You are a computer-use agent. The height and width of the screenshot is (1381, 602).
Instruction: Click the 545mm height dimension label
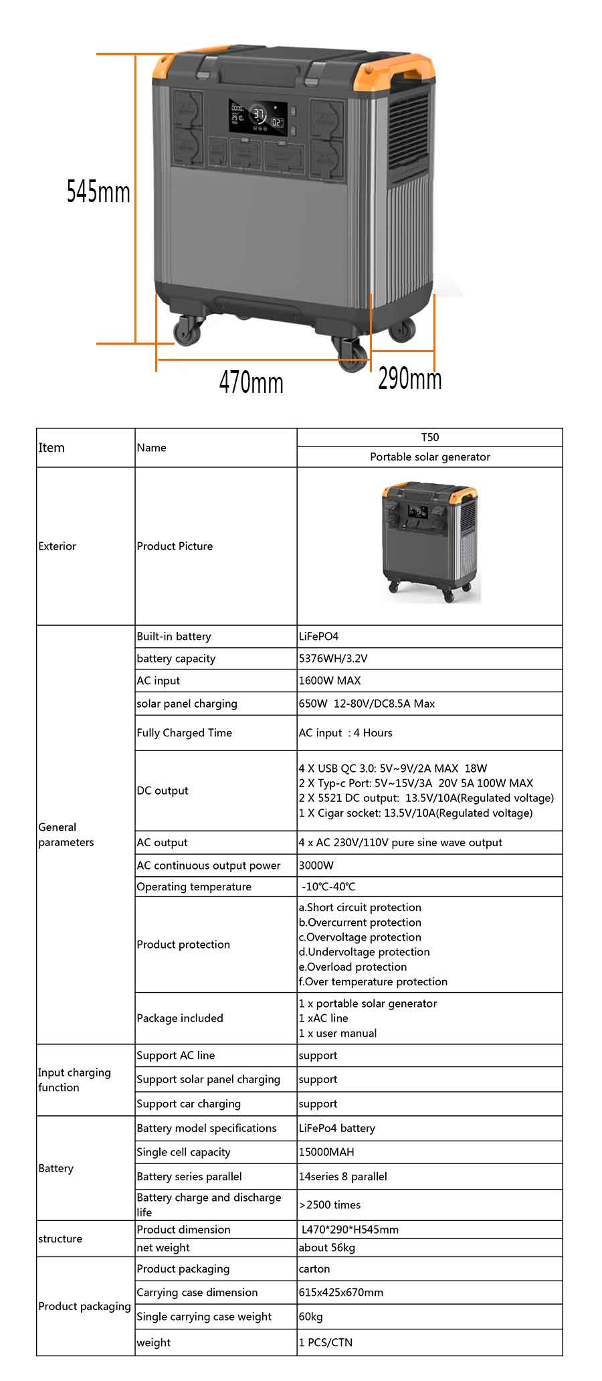tap(98, 192)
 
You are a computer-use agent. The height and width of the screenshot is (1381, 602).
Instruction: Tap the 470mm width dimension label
tap(251, 383)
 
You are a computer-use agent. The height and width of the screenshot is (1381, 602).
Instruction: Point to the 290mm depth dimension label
tap(409, 379)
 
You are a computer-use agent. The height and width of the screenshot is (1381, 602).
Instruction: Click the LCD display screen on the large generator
tap(260, 117)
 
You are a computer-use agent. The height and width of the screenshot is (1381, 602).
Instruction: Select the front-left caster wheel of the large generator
tap(187, 331)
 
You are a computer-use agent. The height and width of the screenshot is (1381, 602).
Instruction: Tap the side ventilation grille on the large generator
tap(409, 134)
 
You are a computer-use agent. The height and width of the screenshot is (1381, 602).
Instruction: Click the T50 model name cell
tap(429, 437)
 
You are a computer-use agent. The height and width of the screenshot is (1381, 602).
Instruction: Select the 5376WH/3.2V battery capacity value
tap(333, 658)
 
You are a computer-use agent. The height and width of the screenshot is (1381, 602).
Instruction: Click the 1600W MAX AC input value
tap(330, 680)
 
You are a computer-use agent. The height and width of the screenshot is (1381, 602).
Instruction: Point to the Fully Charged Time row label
tap(184, 732)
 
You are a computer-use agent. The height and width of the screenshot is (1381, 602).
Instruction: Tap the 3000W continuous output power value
tap(316, 865)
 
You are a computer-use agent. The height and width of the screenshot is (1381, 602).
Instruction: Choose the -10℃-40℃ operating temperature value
tap(328, 886)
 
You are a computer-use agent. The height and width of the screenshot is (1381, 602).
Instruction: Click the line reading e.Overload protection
tap(353, 967)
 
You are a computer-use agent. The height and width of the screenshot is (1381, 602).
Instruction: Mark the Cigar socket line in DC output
tap(415, 813)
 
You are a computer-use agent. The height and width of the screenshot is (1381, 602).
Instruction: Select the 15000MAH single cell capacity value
tap(326, 1151)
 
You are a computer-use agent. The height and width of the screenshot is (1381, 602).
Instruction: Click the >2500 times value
tap(330, 1204)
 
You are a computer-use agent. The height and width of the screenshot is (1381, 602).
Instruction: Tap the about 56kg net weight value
tap(327, 1247)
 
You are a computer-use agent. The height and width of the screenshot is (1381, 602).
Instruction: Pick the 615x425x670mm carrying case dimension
tap(341, 1292)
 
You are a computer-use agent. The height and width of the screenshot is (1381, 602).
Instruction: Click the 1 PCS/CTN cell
tap(326, 1342)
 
